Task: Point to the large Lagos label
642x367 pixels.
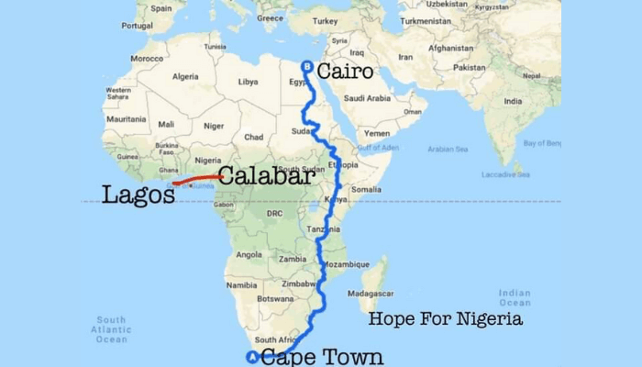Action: point(138,195)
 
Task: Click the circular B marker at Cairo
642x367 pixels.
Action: point(307,66)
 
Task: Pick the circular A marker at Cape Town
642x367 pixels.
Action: point(253,357)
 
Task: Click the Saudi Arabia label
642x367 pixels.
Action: point(367,98)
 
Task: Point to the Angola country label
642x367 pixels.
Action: point(249,254)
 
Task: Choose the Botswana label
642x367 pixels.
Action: point(275,298)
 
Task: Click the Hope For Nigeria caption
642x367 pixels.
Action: point(445,319)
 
